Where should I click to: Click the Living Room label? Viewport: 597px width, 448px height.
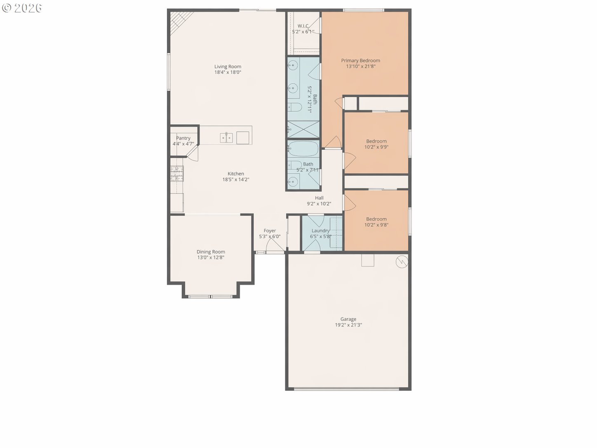228,66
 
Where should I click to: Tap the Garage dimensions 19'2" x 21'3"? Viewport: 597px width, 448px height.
348,325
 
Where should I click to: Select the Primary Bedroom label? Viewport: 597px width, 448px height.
361,60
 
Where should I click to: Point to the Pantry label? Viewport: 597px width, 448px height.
183,138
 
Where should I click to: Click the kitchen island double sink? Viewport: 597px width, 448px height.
226,138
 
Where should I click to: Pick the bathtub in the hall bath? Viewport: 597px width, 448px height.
303,149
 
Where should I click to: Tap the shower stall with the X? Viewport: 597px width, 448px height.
303,130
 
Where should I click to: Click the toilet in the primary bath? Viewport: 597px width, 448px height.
295,107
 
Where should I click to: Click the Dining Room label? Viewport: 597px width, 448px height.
211,252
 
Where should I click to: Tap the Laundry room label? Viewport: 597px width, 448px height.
320,231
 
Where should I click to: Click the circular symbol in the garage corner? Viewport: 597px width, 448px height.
402,262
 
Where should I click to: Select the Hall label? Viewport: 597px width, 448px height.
319,198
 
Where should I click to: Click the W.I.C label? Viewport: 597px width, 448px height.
303,26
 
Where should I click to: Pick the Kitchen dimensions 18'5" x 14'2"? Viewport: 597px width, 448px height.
236,179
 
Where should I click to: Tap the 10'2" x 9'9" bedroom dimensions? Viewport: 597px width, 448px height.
376,147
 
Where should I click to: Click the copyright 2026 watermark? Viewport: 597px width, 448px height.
22,8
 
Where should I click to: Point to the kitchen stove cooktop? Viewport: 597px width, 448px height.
177,174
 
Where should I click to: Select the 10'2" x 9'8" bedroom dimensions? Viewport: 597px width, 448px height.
376,225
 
